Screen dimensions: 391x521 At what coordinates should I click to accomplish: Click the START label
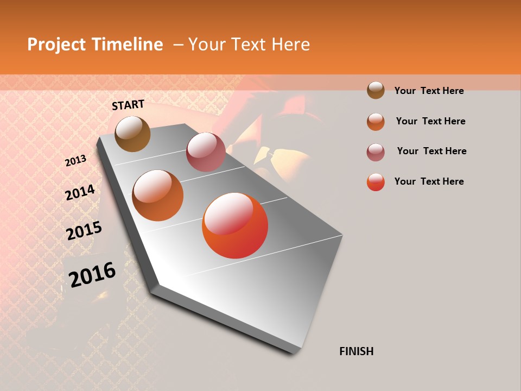point(128,105)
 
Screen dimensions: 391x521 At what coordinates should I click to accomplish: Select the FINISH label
point(357,351)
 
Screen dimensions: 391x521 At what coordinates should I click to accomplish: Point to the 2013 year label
point(76,161)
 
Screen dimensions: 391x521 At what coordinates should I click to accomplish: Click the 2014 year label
point(80,193)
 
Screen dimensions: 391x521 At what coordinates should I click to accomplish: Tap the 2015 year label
point(84,231)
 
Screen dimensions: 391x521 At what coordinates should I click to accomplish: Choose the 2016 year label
point(92,275)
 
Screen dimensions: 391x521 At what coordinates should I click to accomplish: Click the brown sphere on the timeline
point(132,134)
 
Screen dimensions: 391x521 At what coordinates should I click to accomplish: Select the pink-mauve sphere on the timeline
point(206,152)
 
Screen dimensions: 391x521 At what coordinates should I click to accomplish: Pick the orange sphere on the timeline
point(158,195)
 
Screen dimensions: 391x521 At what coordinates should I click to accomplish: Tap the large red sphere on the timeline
point(235,225)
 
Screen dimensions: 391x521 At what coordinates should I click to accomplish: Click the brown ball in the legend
point(376,90)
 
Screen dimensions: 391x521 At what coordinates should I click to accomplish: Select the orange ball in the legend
point(376,121)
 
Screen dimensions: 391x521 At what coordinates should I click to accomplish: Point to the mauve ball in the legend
point(376,152)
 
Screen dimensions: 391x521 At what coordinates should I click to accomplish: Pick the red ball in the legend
point(376,182)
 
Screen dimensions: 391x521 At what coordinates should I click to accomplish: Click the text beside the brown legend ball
point(429,91)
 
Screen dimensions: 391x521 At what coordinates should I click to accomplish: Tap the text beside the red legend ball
point(429,181)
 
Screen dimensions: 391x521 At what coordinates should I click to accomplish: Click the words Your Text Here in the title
point(249,45)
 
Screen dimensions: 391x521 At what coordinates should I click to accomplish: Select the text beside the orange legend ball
point(430,121)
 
